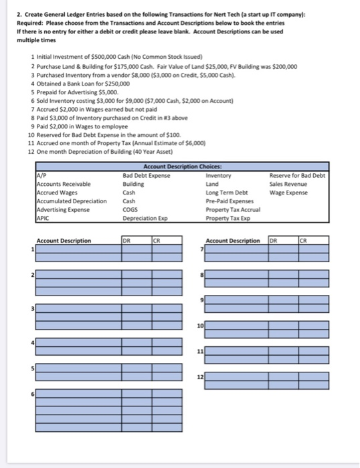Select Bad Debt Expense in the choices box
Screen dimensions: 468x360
(147, 176)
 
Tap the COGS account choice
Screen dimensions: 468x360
(131, 207)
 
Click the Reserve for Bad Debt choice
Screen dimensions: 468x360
(296, 176)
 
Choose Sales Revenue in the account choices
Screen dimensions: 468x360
(288, 184)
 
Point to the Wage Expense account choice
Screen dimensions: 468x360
(288, 192)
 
